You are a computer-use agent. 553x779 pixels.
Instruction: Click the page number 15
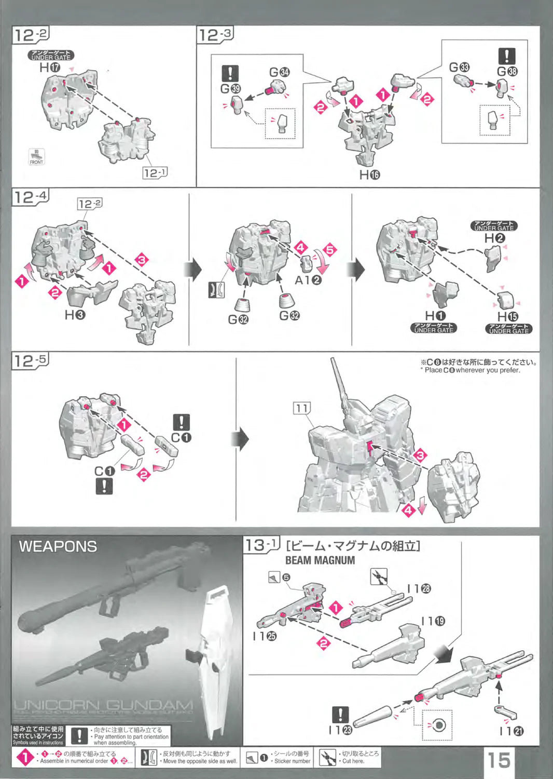499,759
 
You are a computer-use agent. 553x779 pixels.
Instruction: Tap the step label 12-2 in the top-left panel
31,35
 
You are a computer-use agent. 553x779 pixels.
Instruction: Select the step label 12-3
215,35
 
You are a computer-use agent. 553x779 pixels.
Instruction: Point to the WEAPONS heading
58,546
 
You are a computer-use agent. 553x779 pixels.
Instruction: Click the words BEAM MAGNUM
320,560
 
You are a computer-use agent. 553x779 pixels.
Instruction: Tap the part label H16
369,175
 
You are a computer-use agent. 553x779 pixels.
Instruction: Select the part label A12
308,280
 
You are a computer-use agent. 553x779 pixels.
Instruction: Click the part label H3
75,314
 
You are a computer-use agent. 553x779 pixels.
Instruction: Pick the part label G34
279,72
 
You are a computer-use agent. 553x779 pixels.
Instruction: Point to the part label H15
507,316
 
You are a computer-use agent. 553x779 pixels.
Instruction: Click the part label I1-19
433,621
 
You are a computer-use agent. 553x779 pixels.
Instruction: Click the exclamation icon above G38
506,56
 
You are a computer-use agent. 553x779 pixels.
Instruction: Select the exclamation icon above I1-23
340,715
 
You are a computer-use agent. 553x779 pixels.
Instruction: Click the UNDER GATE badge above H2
494,226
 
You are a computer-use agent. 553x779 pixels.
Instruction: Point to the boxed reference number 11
301,408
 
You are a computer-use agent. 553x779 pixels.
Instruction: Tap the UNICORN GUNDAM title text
103,705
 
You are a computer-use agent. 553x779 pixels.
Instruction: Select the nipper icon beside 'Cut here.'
327,758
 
